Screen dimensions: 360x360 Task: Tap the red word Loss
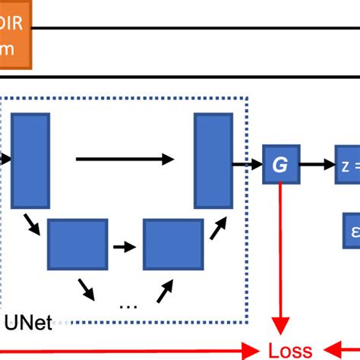click(x=290, y=350)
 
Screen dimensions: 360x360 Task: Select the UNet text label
click(x=28, y=324)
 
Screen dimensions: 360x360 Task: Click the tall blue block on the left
click(x=30, y=160)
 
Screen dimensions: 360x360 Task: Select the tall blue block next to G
click(x=213, y=160)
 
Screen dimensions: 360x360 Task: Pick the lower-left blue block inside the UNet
click(x=77, y=240)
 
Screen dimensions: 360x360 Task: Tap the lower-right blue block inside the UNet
click(x=172, y=240)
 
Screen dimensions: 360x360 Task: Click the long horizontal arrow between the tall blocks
click(x=125, y=159)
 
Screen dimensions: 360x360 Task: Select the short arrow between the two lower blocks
click(x=125, y=247)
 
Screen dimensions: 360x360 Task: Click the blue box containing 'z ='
click(x=346, y=163)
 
